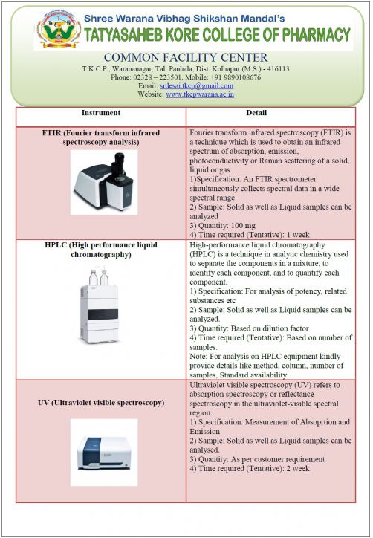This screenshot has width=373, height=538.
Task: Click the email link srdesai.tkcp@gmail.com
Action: (197, 85)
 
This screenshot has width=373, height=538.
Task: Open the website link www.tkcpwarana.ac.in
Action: (200, 94)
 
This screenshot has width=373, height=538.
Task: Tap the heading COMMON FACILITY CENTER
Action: (186, 57)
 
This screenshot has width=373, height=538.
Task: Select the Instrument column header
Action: (101, 112)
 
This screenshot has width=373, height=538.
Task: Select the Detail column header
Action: (256, 112)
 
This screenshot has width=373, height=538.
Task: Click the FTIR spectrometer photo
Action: (104, 183)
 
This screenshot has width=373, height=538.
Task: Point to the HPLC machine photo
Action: (100, 306)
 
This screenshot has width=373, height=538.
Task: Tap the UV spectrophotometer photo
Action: (104, 453)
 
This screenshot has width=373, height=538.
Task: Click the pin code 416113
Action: (278, 69)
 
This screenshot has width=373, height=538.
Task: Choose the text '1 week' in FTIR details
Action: (298, 235)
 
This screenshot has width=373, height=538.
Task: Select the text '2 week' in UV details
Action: (298, 468)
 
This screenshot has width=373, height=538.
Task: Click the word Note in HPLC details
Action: (198, 356)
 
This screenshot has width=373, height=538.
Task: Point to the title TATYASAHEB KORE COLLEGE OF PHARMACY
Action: (218, 35)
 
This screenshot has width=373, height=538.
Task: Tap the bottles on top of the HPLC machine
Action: (99, 277)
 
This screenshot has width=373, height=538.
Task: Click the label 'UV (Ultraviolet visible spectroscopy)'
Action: (101, 403)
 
